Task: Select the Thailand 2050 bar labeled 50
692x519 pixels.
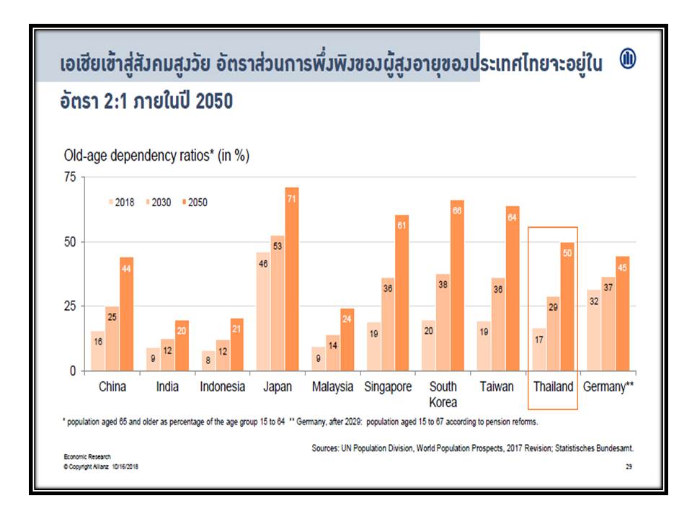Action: point(567,307)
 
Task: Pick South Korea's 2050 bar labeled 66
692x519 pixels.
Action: point(457,285)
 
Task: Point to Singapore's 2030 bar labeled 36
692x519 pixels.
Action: point(388,324)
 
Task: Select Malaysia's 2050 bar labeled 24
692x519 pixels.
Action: point(347,340)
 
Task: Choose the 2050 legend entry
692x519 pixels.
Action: point(193,203)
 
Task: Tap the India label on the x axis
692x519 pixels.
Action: point(167,387)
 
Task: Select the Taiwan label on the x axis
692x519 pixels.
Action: point(497,387)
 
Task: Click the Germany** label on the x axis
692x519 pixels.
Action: point(608,387)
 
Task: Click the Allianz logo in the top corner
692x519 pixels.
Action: point(628,60)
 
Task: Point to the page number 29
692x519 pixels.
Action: point(629,467)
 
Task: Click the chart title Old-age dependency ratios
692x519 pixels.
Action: point(156,155)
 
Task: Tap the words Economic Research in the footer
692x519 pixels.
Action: point(81,458)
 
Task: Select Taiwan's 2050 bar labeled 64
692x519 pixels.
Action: point(513,288)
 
